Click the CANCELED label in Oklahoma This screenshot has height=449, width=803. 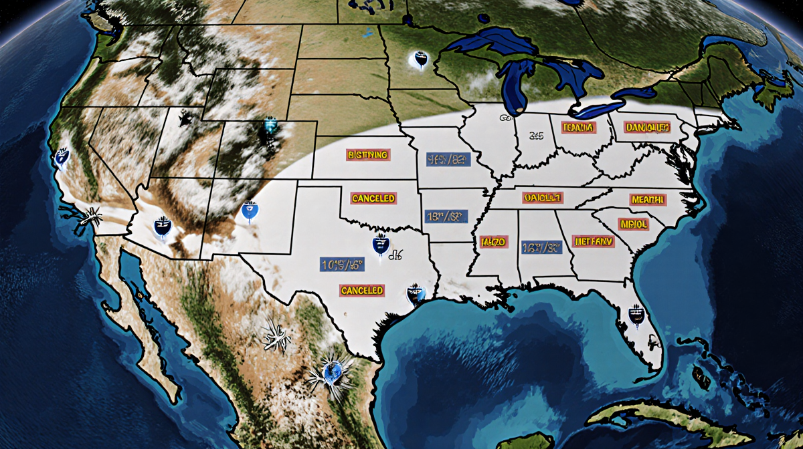click(x=373, y=198)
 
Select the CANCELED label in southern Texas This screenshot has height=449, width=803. click(x=362, y=291)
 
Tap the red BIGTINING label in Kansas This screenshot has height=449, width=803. click(x=367, y=155)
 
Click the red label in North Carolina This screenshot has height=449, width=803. click(x=647, y=199)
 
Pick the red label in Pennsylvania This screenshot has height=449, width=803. click(x=646, y=127)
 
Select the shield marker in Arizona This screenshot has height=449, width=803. click(x=162, y=227)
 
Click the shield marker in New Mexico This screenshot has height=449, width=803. click(x=250, y=211)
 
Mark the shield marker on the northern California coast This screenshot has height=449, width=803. click(x=61, y=157)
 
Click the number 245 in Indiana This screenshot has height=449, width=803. click(x=536, y=136)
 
